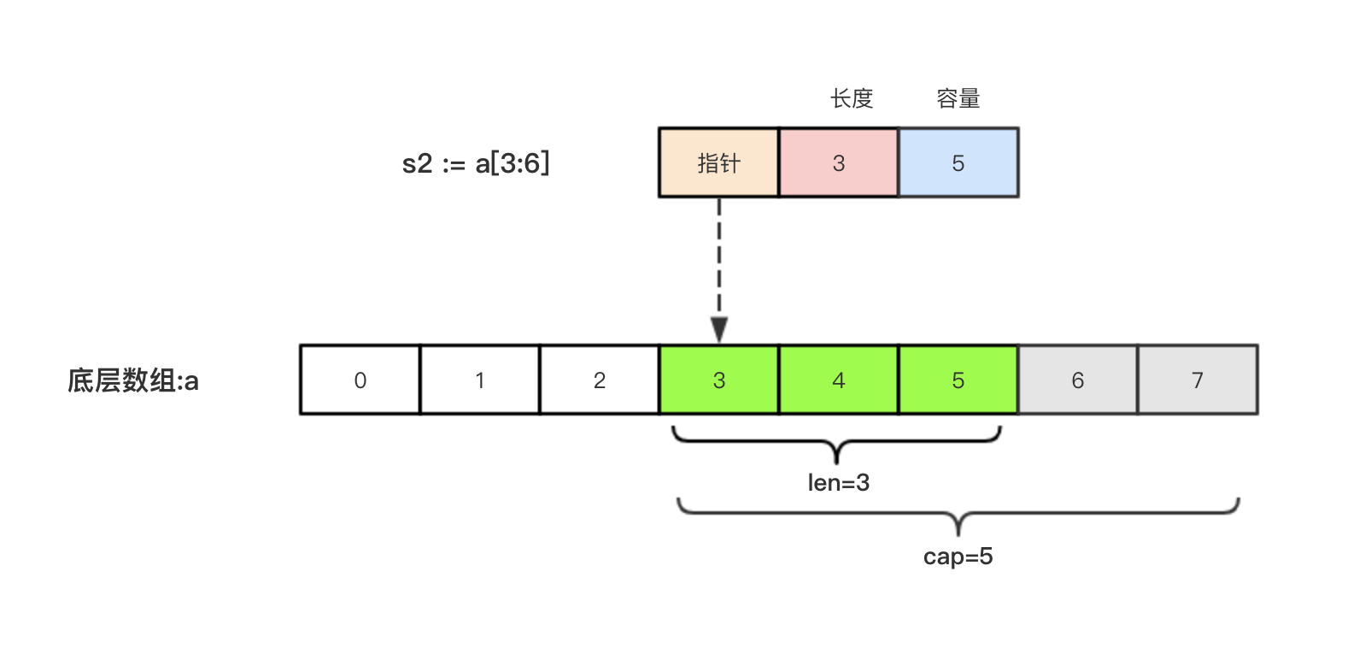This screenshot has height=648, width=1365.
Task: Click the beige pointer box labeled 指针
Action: pyautogui.click(x=718, y=162)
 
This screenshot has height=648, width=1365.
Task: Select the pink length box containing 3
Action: pyautogui.click(x=838, y=162)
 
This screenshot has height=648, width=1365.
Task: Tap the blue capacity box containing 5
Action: pyautogui.click(x=958, y=162)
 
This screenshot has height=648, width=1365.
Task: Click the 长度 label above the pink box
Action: pyautogui.click(x=851, y=99)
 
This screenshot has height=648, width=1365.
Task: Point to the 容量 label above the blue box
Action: pyautogui.click(x=958, y=99)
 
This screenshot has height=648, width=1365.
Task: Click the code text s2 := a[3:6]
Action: pyautogui.click(x=476, y=162)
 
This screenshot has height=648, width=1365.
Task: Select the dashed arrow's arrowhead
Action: pyautogui.click(x=719, y=329)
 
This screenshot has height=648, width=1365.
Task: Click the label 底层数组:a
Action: pyautogui.click(x=133, y=380)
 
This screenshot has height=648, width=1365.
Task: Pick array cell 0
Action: pyautogui.click(x=360, y=380)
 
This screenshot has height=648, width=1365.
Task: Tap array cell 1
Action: pyautogui.click(x=479, y=380)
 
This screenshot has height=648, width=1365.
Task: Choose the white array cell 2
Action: pyautogui.click(x=599, y=380)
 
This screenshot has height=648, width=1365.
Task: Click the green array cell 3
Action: pyautogui.click(x=718, y=380)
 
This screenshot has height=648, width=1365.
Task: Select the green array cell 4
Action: pyautogui.click(x=838, y=380)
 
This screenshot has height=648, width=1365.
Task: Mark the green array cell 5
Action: pyautogui.click(x=958, y=380)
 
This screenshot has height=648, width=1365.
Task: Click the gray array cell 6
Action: pyautogui.click(x=1077, y=380)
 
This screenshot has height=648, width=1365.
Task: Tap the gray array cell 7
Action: pyautogui.click(x=1197, y=380)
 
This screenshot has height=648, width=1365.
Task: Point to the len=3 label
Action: pyautogui.click(x=838, y=483)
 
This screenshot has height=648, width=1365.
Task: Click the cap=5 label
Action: pyautogui.click(x=958, y=557)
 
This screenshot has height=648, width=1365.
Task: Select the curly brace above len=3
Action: pyautogui.click(x=836, y=442)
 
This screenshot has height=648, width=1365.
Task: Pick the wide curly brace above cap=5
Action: pyautogui.click(x=958, y=514)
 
